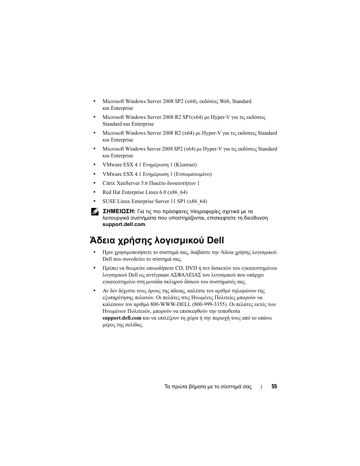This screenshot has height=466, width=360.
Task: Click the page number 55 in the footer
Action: pos(274,386)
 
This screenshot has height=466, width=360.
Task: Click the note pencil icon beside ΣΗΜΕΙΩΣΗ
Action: pos(94,212)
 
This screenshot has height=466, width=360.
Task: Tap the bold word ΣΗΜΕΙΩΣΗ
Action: pos(119,211)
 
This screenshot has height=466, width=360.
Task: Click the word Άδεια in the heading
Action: pos(104,240)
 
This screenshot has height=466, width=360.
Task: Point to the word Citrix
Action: pos(109,183)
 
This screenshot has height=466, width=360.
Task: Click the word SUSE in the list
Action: pos(109,201)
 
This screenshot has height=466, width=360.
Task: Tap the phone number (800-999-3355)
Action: pos(210,304)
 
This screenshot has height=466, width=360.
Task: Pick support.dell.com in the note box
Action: pos(124,224)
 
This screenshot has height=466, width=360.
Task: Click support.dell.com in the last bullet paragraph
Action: pos(122,318)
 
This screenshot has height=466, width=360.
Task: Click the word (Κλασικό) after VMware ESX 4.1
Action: pos(185,165)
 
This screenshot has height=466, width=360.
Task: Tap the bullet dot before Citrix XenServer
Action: pos(94,183)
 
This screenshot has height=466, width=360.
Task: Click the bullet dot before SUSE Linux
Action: pos(94,201)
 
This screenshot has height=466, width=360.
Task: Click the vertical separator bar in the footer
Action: pos(262,387)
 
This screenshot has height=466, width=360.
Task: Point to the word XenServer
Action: pos(128,183)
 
